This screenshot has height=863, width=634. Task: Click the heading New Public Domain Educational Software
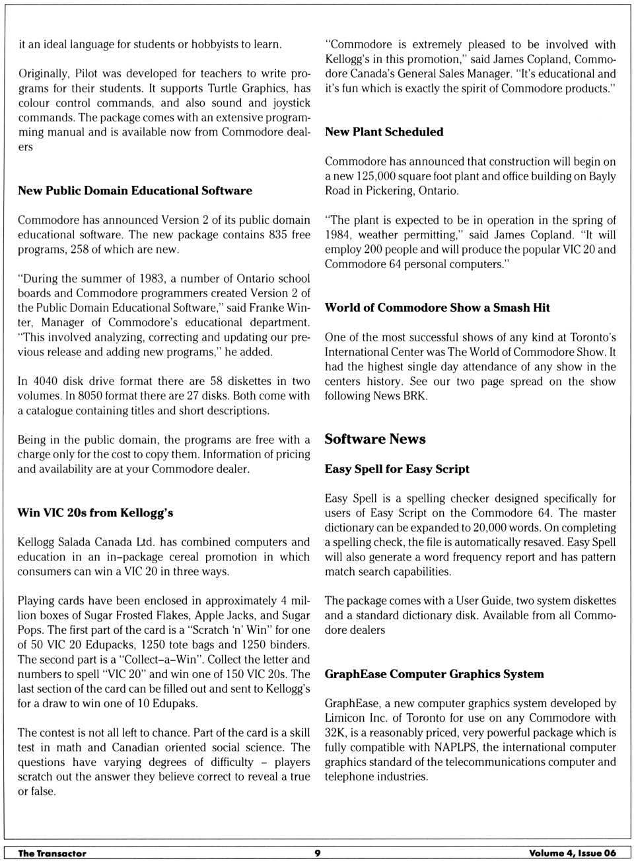pos(135,191)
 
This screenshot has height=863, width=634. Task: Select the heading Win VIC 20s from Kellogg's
pos(95,513)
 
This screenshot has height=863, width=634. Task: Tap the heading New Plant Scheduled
pos(384,132)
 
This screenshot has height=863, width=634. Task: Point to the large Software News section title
pos(374,440)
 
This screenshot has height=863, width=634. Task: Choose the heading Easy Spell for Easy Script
pos(396,469)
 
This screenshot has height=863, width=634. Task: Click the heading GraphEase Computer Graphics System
pos(434,674)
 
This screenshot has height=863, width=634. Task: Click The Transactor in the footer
pos(52,853)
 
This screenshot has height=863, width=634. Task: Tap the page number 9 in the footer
pos(317,853)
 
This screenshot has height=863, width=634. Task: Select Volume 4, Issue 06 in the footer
pos(572,853)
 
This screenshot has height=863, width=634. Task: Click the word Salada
pos(82,542)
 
